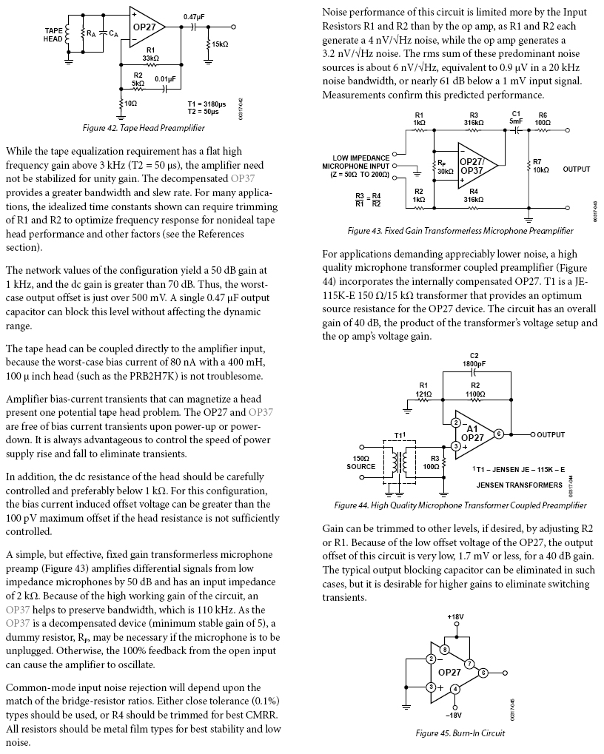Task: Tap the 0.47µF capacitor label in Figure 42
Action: pyautogui.click(x=195, y=16)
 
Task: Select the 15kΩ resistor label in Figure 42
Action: pyautogui.click(x=220, y=44)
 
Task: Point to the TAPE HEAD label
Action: pyautogui.click(x=53, y=34)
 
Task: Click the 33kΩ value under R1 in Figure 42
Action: pyautogui.click(x=151, y=57)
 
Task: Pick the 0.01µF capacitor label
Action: pyautogui.click(x=165, y=78)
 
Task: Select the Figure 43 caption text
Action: pyautogui.click(x=460, y=230)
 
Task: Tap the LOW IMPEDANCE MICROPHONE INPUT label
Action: pyautogui.click(x=360, y=167)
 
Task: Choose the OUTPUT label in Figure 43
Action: pyautogui.click(x=577, y=169)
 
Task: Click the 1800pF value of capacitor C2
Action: pyautogui.click(x=474, y=363)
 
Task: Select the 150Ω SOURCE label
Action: pyautogui.click(x=361, y=463)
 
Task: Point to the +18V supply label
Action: pyautogui.click(x=455, y=616)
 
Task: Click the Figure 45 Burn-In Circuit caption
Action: pyautogui.click(x=460, y=733)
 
